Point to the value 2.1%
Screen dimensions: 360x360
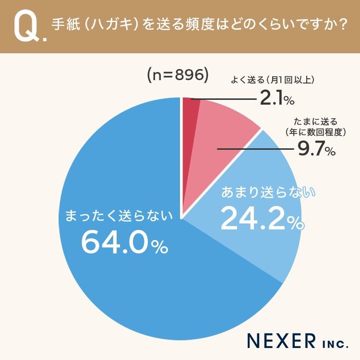276,99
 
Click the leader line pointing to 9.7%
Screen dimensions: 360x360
254,149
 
